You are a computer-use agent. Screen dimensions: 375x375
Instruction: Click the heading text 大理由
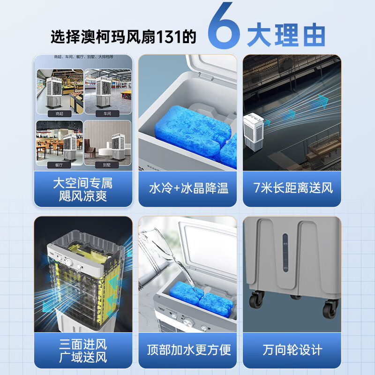[x=285, y=36]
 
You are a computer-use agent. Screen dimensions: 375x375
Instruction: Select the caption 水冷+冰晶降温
[x=188, y=188]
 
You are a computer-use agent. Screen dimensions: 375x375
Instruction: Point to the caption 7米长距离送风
[x=293, y=188]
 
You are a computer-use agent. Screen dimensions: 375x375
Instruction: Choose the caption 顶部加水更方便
[x=188, y=350]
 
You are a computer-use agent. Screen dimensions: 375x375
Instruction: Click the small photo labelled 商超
[x=60, y=93]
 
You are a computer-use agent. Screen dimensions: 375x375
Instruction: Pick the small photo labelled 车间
[x=107, y=93]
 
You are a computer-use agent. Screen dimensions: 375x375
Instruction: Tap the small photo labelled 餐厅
[x=60, y=142]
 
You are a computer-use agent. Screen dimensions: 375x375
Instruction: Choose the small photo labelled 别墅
[x=107, y=142]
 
